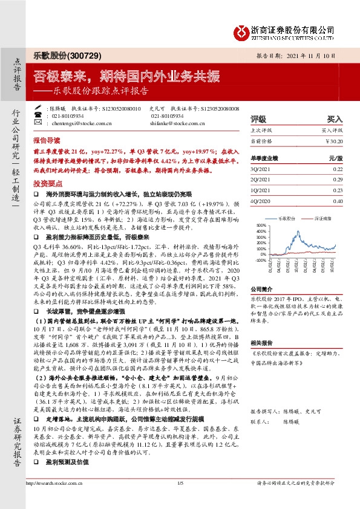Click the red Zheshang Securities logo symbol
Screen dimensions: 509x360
click(241, 31)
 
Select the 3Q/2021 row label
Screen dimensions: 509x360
click(260, 170)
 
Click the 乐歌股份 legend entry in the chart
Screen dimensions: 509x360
click(289, 216)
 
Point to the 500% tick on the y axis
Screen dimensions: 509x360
click(262, 225)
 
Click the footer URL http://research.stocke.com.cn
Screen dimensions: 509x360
click(53, 500)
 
